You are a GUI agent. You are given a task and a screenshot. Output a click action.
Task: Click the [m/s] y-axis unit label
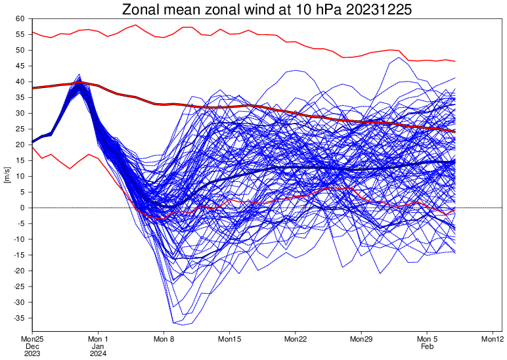tap(7, 176)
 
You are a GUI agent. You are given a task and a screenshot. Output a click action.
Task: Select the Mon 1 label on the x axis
tap(98, 339)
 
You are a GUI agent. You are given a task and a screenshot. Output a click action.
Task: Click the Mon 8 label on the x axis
tap(164, 339)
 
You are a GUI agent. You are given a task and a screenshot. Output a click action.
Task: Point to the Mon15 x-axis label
tap(230, 339)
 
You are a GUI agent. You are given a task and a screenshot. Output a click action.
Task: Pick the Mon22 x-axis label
tap(296, 339)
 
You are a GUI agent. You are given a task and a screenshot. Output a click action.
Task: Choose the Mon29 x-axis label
tap(361, 339)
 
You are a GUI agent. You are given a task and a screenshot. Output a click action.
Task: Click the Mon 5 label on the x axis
tap(427, 339)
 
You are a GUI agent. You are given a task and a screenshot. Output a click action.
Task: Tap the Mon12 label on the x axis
tap(493, 339)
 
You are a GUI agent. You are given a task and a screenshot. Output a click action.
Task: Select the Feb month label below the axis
tap(427, 346)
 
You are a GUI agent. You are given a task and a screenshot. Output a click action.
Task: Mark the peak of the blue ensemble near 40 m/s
tap(79, 75)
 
